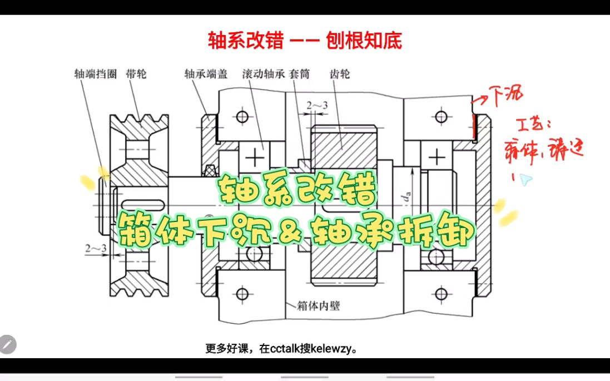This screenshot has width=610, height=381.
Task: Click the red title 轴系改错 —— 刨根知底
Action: click(x=305, y=40)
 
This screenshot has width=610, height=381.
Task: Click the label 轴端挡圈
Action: click(x=95, y=74)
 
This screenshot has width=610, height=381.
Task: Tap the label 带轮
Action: click(x=136, y=74)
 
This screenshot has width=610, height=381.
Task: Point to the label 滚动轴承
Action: click(x=264, y=74)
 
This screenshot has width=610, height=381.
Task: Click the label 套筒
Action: click(x=300, y=74)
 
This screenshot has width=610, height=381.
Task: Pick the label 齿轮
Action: click(x=340, y=74)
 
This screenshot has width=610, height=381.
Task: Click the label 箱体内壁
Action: click(x=318, y=305)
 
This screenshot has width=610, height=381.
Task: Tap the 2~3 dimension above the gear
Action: click(x=316, y=105)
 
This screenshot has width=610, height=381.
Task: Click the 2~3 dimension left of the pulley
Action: click(x=96, y=248)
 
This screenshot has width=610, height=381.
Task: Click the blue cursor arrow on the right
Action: click(x=525, y=179)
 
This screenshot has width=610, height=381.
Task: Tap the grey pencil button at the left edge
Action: click(x=8, y=344)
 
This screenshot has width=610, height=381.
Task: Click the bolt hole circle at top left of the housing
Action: click(x=242, y=117)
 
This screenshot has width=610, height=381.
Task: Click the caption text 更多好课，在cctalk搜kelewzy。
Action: click(x=281, y=349)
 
